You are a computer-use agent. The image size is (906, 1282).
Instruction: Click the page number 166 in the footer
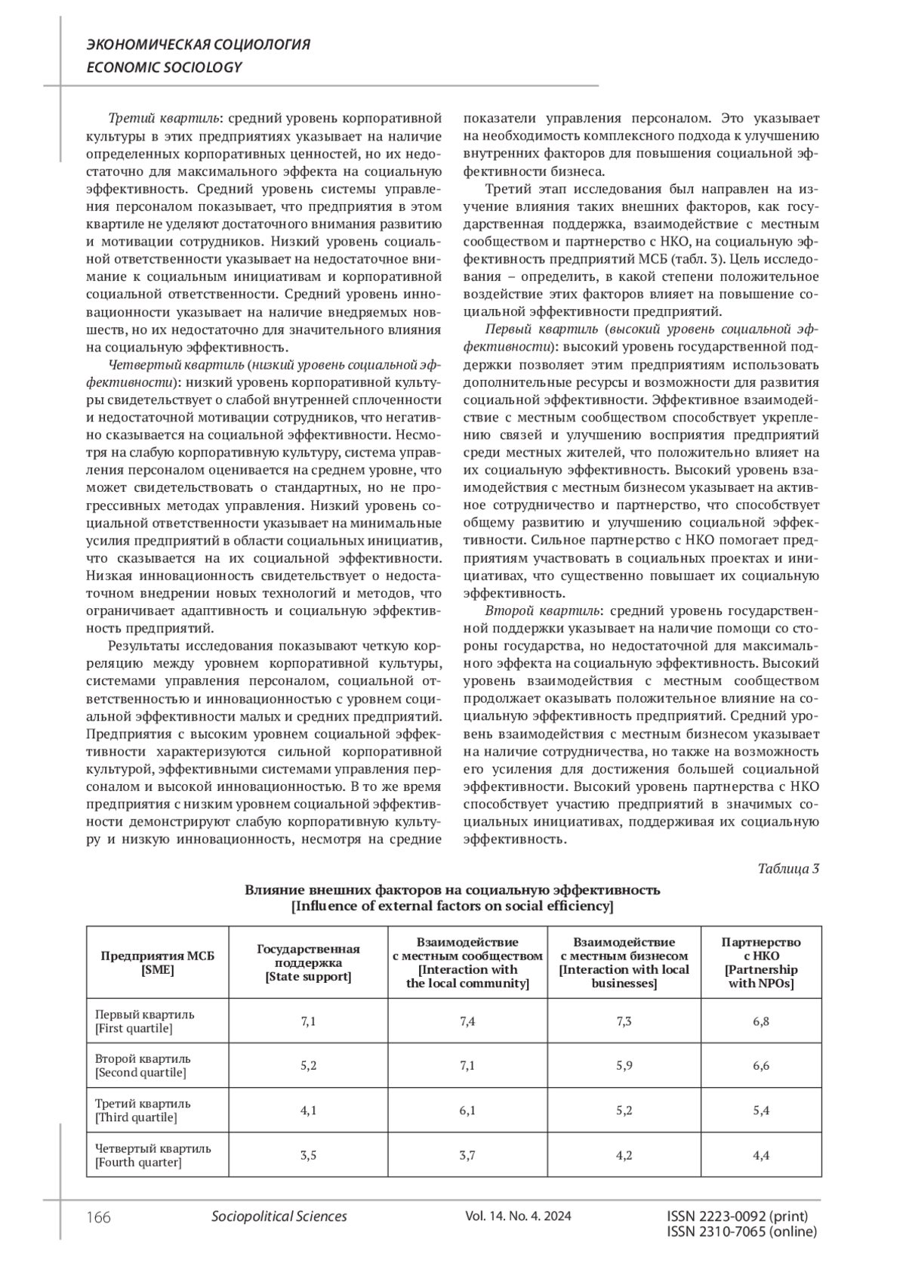99,1216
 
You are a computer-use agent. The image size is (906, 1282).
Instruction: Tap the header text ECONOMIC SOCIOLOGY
164,66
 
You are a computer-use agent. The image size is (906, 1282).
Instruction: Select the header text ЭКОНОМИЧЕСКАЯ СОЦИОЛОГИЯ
199,45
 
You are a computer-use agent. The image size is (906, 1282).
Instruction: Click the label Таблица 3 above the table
788,868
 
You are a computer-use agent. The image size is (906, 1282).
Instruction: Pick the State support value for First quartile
308,1021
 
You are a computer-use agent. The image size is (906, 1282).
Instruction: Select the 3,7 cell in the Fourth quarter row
467,1154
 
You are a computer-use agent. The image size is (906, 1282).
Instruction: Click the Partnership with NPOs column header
761,962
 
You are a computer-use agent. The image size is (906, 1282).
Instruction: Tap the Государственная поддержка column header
308,962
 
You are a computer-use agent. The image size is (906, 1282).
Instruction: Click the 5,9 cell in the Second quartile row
624,1066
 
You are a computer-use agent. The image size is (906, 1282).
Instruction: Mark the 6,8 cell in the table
761,1021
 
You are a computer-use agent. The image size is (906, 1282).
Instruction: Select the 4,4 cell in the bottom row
761,1154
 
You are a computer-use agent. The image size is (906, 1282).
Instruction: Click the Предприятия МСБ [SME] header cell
157,962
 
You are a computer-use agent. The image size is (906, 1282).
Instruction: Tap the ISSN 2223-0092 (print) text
738,1216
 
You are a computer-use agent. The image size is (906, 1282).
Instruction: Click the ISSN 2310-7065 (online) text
742,1231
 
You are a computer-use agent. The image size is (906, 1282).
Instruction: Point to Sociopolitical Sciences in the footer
279,1216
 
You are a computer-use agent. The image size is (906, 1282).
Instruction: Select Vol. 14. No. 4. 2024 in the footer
519,1216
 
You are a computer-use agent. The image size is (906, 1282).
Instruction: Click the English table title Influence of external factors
452,906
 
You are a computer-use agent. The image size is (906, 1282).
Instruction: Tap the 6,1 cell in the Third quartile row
467,1111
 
